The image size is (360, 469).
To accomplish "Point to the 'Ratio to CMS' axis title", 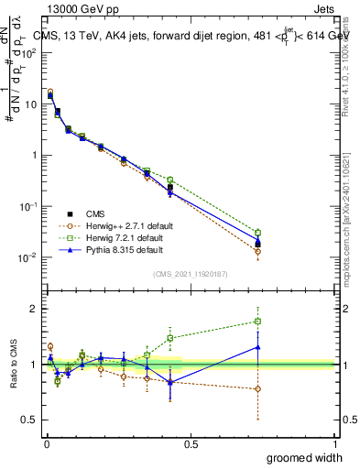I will point(14,365).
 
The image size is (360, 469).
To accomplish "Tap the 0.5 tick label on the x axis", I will point(191,442).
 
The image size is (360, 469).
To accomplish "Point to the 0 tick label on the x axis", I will point(46,442).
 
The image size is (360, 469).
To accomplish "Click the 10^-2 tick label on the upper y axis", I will point(27,257).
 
